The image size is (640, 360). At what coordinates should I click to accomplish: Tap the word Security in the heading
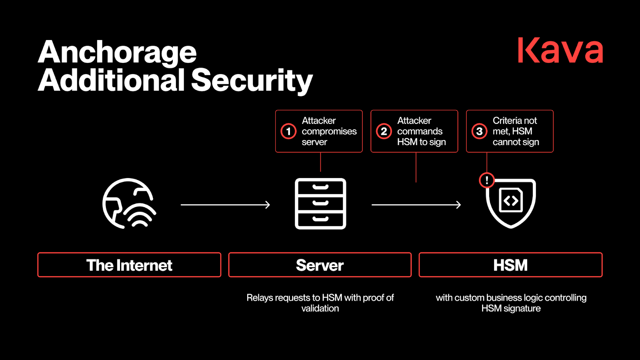click(x=252, y=80)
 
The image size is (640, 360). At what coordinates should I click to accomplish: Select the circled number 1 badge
click(x=288, y=131)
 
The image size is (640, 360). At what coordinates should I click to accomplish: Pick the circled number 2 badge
click(x=384, y=131)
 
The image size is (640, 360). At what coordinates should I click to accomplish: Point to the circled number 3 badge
click(x=479, y=131)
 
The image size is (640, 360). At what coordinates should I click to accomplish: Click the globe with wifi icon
click(x=129, y=204)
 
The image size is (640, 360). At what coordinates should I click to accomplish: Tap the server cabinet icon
click(x=320, y=204)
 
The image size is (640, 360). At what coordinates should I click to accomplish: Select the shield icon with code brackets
click(x=511, y=203)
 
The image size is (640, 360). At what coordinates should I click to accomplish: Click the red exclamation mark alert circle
click(x=487, y=180)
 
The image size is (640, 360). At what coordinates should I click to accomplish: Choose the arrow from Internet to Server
click(x=225, y=205)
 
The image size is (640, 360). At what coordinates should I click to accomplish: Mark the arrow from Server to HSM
click(x=416, y=205)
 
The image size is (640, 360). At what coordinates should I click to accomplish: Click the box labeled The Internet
click(x=129, y=265)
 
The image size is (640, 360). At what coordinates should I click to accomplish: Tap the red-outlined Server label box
click(x=320, y=265)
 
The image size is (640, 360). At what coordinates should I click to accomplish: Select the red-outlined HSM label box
click(x=510, y=265)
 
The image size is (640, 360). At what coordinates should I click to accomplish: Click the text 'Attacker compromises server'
click(x=329, y=131)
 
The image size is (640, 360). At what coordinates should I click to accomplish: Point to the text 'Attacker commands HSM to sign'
click(x=421, y=131)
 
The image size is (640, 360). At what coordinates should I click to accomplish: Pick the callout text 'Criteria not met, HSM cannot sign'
click(x=516, y=131)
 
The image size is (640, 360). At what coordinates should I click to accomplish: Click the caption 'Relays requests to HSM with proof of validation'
click(x=320, y=303)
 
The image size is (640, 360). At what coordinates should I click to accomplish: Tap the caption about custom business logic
click(x=511, y=303)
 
